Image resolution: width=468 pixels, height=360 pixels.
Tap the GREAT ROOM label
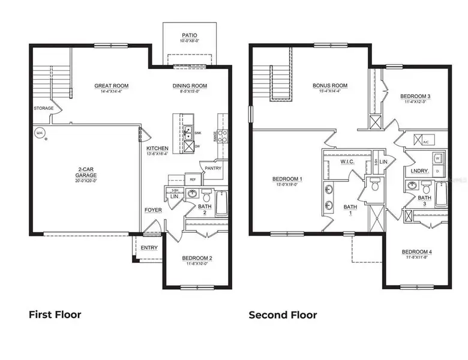click(112, 86)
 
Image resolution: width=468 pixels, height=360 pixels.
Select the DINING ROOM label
click(190, 86)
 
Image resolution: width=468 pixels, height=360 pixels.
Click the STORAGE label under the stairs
click(44, 109)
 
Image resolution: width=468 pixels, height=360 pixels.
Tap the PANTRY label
click(213, 169)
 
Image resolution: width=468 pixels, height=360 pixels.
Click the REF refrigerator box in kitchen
click(193, 179)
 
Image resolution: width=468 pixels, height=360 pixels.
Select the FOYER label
click(152, 210)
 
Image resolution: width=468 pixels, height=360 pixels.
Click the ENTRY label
click(149, 247)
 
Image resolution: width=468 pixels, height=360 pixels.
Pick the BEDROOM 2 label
click(197, 258)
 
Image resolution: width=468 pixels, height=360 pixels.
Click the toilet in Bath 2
click(206, 196)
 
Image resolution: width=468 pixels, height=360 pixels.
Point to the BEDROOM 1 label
click(287, 179)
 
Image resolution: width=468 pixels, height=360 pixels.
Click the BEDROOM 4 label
click(416, 251)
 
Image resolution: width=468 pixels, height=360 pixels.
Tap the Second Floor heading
click(283, 314)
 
